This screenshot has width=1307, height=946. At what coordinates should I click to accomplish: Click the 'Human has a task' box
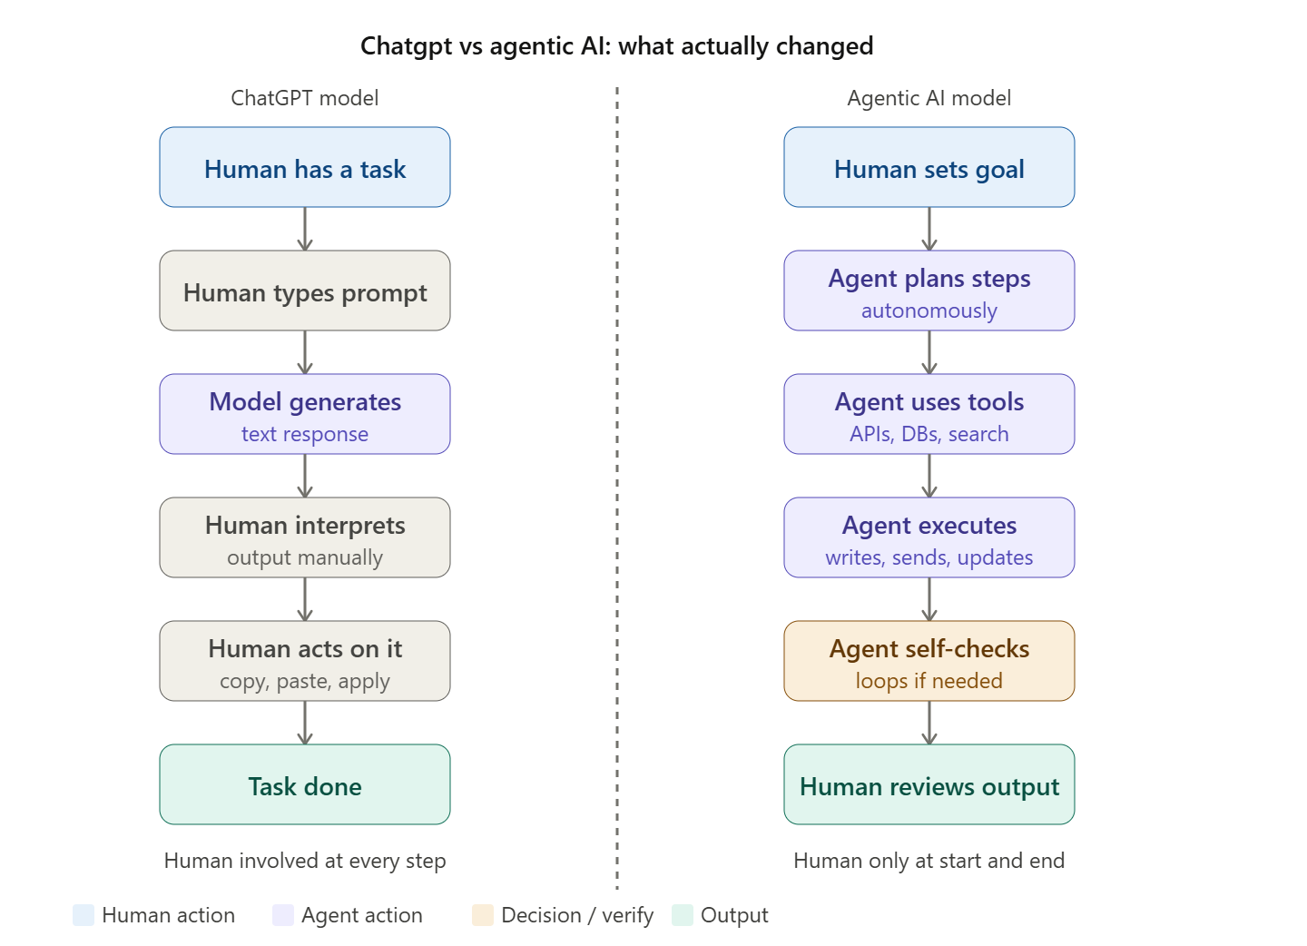click(x=305, y=167)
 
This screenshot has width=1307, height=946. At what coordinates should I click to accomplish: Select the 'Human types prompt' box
click(x=305, y=291)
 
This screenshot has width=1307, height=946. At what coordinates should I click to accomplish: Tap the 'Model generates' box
click(x=305, y=414)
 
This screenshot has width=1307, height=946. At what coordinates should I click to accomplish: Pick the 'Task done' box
click(x=305, y=785)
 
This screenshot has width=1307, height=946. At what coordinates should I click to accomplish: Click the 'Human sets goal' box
click(x=929, y=167)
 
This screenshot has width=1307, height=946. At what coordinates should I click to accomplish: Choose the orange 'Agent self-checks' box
click(x=929, y=661)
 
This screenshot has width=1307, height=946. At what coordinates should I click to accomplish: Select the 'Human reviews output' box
click(x=929, y=785)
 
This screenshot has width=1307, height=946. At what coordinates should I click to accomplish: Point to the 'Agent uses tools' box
click(x=929, y=414)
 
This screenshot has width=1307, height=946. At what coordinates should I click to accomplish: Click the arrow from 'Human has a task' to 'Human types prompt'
click(x=305, y=230)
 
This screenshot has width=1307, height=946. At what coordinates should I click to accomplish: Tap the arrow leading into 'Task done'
click(x=305, y=723)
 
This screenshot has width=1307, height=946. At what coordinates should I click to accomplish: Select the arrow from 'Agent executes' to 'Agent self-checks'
click(x=929, y=599)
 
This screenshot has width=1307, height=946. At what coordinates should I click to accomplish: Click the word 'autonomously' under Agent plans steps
click(x=929, y=310)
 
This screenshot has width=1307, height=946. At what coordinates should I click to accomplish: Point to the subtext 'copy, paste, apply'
click(x=305, y=682)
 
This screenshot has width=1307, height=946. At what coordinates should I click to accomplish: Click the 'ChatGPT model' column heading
click(x=305, y=98)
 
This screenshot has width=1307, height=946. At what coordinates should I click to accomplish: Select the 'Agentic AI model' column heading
click(x=929, y=98)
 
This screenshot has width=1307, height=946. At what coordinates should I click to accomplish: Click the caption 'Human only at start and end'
click(x=929, y=862)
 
